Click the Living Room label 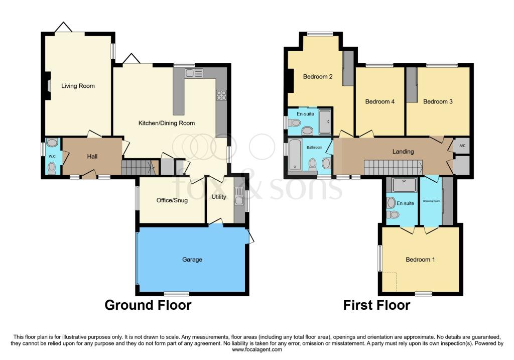click(78, 86)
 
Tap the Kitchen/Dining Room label click(167, 123)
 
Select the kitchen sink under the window click(193, 73)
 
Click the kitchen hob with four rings click(221, 95)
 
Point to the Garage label click(192, 260)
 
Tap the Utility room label click(219, 197)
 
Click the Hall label click(92, 157)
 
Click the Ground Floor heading click(148, 305)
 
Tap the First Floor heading click(376, 305)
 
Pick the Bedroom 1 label click(420, 260)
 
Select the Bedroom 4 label click(380, 102)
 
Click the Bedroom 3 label click(438, 102)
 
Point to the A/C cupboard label click(462, 145)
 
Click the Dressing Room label click(431, 200)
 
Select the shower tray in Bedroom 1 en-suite click(404, 185)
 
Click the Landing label click(403, 151)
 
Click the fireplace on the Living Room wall click(48, 86)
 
